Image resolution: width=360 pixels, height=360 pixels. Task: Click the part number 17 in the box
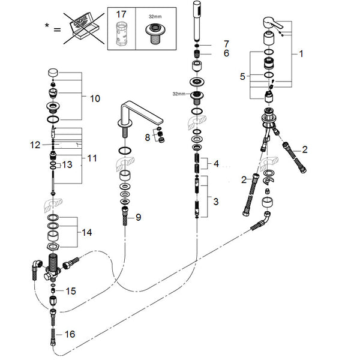point(121,14)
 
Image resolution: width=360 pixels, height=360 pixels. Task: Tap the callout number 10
point(95,99)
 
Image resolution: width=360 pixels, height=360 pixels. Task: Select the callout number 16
point(70,334)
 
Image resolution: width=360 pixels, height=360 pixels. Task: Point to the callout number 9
point(138,217)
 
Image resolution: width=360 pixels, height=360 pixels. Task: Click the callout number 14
point(87,233)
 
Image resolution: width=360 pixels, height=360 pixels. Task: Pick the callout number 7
point(227,44)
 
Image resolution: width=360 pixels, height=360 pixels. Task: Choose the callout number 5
point(242,76)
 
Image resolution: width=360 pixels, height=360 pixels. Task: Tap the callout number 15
point(71,291)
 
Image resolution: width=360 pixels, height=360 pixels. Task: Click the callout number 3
point(216,202)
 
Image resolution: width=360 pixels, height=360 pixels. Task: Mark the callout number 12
point(35,145)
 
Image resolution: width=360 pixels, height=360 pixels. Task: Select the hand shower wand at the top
point(197,21)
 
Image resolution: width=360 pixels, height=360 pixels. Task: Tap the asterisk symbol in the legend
point(47,25)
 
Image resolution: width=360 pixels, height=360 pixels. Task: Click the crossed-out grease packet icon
point(84,28)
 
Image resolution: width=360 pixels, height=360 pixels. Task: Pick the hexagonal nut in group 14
point(53,247)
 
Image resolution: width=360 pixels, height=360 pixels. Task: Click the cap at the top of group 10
point(53,73)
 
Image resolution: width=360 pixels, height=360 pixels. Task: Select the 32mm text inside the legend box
point(155,17)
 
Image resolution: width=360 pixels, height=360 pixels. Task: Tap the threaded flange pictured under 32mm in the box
point(155,34)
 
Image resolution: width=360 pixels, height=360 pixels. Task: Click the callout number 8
point(148,137)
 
